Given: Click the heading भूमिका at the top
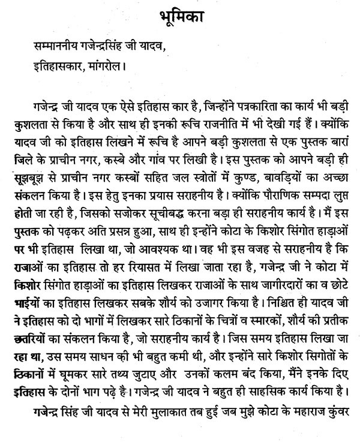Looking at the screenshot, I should (179, 13).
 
